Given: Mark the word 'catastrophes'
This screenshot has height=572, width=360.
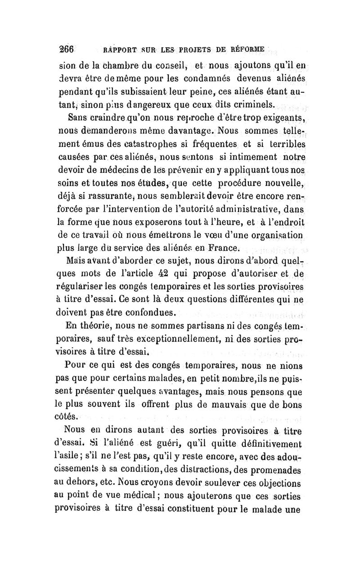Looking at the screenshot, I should pyautogui.click(x=149, y=146).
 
